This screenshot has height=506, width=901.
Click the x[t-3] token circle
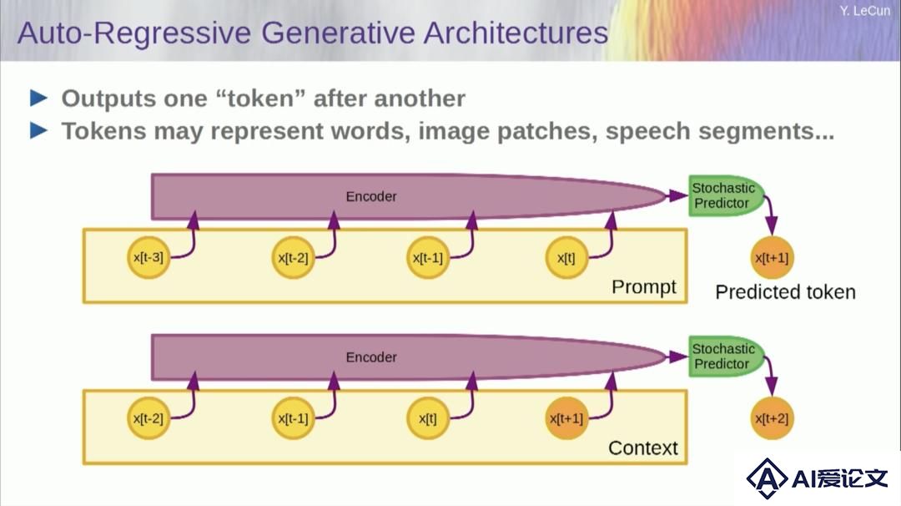[148, 258]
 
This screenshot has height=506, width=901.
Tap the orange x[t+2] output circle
[772, 418]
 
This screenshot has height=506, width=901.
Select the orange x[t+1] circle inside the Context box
[566, 418]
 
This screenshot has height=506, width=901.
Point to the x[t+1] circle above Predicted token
[772, 258]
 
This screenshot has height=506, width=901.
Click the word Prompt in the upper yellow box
[643, 286]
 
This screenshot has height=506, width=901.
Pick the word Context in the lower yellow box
[643, 448]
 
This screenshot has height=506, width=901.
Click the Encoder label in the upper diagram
[371, 197]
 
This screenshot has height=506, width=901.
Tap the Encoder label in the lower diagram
[371, 357]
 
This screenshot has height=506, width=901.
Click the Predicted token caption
[786, 292]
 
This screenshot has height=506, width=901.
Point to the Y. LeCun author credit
[864, 10]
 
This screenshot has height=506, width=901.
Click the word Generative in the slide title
[338, 33]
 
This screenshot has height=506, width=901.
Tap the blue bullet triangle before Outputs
[38, 98]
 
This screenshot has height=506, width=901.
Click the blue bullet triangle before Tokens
[38, 130]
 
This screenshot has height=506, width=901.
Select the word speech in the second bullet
[647, 132]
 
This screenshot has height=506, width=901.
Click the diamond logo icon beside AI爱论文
[767, 478]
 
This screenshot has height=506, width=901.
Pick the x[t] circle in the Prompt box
[566, 258]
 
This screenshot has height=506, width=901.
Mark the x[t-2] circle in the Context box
[148, 418]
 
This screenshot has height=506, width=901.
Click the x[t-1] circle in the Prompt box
[427, 258]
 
